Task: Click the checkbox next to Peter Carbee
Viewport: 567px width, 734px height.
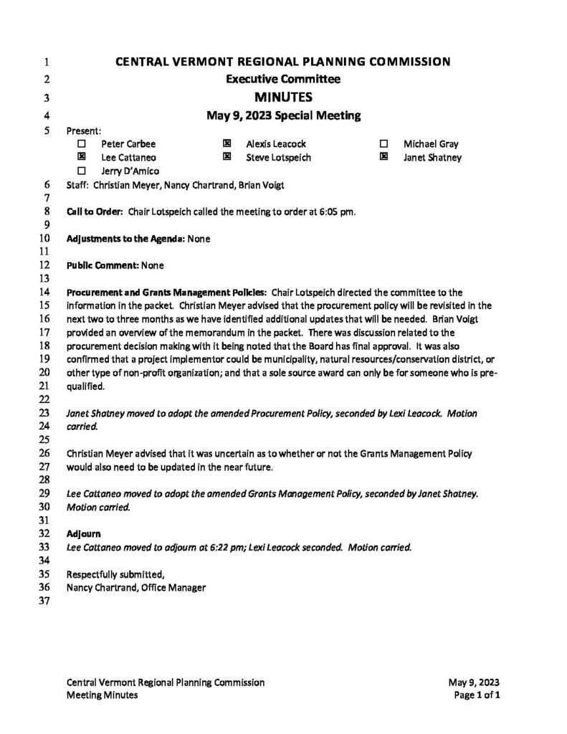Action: (x=81, y=144)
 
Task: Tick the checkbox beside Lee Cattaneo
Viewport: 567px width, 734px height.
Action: (x=81, y=157)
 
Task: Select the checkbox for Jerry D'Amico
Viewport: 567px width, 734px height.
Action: (x=81, y=171)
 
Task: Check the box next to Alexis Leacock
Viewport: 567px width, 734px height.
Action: (x=227, y=144)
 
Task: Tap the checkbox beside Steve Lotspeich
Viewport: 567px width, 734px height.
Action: (x=227, y=157)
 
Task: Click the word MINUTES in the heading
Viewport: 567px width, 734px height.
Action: (x=283, y=97)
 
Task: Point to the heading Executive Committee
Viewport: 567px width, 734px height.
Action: (x=283, y=79)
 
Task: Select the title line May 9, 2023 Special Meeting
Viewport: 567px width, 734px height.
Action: (x=283, y=115)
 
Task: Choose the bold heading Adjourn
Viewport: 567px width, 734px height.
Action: (x=83, y=534)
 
